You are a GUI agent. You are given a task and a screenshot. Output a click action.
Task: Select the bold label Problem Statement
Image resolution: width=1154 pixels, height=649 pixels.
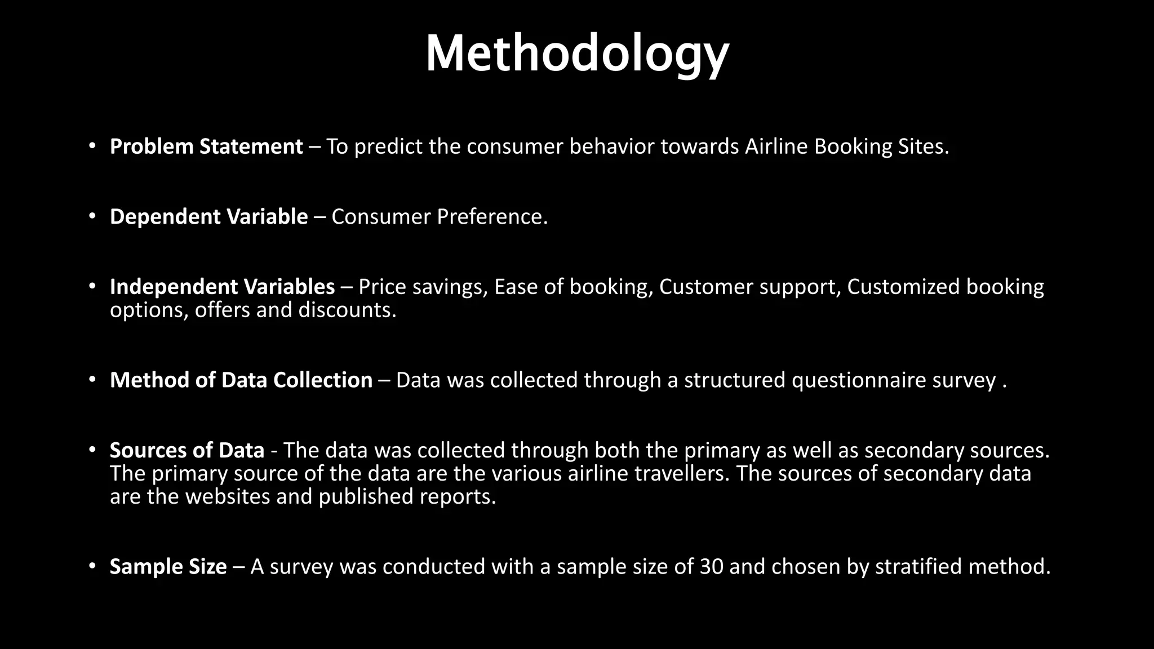(206, 146)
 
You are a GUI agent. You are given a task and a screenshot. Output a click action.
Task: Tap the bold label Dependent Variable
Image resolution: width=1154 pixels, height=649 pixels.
(208, 217)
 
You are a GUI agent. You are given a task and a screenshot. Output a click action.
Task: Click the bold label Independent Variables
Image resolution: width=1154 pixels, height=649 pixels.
(222, 287)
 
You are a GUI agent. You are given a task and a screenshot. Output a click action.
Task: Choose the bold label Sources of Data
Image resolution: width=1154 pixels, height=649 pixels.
(187, 451)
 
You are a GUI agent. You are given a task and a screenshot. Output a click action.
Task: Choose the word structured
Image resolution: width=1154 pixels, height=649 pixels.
(734, 380)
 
